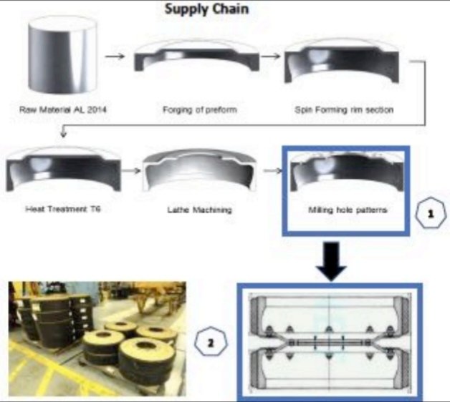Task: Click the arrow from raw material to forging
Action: click(x=115, y=55)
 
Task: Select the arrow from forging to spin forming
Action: click(x=270, y=55)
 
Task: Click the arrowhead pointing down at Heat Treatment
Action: click(x=64, y=133)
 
